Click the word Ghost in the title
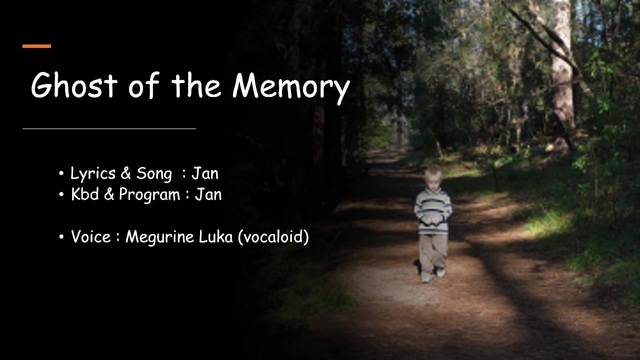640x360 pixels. [74, 85]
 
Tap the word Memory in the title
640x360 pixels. [291, 87]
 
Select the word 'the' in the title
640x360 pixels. [197, 85]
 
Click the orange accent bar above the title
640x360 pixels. [37, 46]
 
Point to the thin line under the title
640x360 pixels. [109, 129]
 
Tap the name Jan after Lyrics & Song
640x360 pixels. [205, 173]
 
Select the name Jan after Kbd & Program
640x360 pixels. [208, 194]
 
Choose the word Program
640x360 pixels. [149, 195]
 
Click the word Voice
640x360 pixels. [91, 237]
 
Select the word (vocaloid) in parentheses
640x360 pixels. [273, 237]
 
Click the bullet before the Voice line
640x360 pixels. [61, 237]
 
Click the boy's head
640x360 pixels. [433, 178]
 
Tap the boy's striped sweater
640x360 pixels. [433, 211]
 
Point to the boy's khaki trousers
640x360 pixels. [433, 253]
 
